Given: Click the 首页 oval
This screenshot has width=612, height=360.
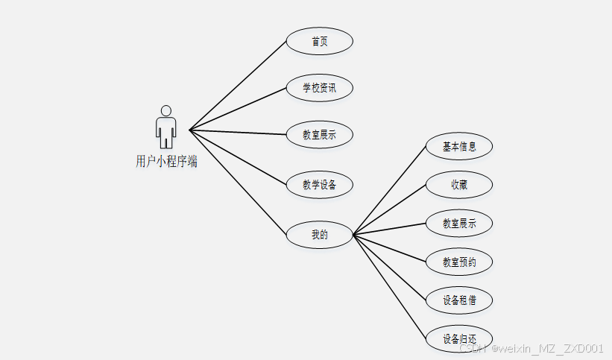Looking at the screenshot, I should tap(319, 41).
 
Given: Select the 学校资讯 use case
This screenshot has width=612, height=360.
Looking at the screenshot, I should tap(319, 88).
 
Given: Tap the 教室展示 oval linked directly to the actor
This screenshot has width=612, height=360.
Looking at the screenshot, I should tap(319, 135).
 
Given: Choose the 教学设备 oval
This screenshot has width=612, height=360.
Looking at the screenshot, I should tap(319, 184).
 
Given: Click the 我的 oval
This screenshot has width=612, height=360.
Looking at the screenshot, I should tap(319, 234).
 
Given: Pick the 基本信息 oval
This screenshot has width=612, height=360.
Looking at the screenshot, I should tap(458, 147).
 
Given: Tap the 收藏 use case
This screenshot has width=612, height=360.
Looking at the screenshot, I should tap(458, 185).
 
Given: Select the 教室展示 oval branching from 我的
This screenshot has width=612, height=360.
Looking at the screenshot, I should tap(458, 223).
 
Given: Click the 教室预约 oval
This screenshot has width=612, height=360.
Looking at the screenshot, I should tap(458, 262).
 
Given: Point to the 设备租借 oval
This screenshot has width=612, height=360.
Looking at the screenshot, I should tap(458, 300).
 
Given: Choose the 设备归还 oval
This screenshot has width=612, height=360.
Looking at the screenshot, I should tap(458, 339).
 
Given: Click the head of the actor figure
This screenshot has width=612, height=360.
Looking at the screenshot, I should tap(165, 110).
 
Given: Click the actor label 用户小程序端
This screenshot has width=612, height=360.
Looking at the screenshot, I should tap(166, 161).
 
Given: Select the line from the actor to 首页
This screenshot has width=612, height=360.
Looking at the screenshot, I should tap(238, 85).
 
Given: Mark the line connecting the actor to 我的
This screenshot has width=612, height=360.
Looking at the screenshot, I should tap(238, 182).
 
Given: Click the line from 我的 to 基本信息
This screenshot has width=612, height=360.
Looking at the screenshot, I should tap(389, 190).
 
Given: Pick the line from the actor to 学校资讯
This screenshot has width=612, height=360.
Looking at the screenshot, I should tap(238, 109).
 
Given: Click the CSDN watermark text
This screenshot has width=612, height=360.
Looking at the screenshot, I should tap(531, 348).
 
